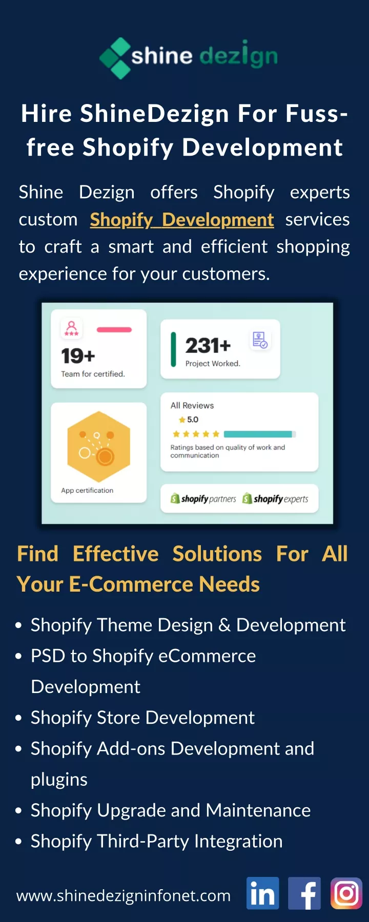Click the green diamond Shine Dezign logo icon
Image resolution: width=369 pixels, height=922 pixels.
pyautogui.click(x=115, y=58)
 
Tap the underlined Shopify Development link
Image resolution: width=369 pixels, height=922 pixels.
pyautogui.click(x=182, y=220)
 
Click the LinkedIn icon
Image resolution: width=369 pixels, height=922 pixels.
pyautogui.click(x=263, y=893)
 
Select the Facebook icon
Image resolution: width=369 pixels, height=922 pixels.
pyautogui.click(x=304, y=893)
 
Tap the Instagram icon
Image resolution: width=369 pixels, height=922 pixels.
pyautogui.click(x=346, y=893)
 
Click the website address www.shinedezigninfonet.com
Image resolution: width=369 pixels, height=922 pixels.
pyautogui.click(x=124, y=895)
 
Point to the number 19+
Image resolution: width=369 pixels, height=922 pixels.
pyautogui.click(x=78, y=355)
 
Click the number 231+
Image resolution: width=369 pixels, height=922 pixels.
pyautogui.click(x=208, y=346)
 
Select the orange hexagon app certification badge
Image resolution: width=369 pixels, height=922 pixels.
pyautogui.click(x=99, y=447)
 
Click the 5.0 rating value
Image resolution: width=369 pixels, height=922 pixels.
pyautogui.click(x=193, y=420)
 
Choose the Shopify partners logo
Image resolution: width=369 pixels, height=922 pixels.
pyautogui.click(x=203, y=498)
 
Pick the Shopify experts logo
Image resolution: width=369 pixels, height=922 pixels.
pyautogui.click(x=275, y=498)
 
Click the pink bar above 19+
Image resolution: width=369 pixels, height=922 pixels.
pyautogui.click(x=114, y=330)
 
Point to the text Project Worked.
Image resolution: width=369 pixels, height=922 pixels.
pyautogui.click(x=213, y=364)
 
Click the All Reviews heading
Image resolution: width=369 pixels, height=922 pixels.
pyautogui.click(x=192, y=405)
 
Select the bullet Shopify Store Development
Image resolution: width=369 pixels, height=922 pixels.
pyautogui.click(x=142, y=718)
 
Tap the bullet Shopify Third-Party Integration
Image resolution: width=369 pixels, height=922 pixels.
pyautogui.click(x=156, y=841)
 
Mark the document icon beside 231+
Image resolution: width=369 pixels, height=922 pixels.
pyautogui.click(x=260, y=340)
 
